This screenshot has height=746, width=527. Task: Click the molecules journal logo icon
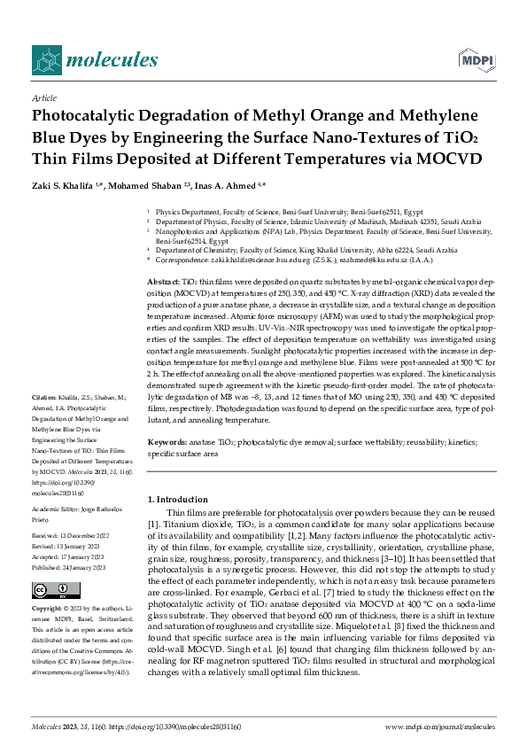pos(46,59)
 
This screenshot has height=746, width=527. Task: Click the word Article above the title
pos(44,98)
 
